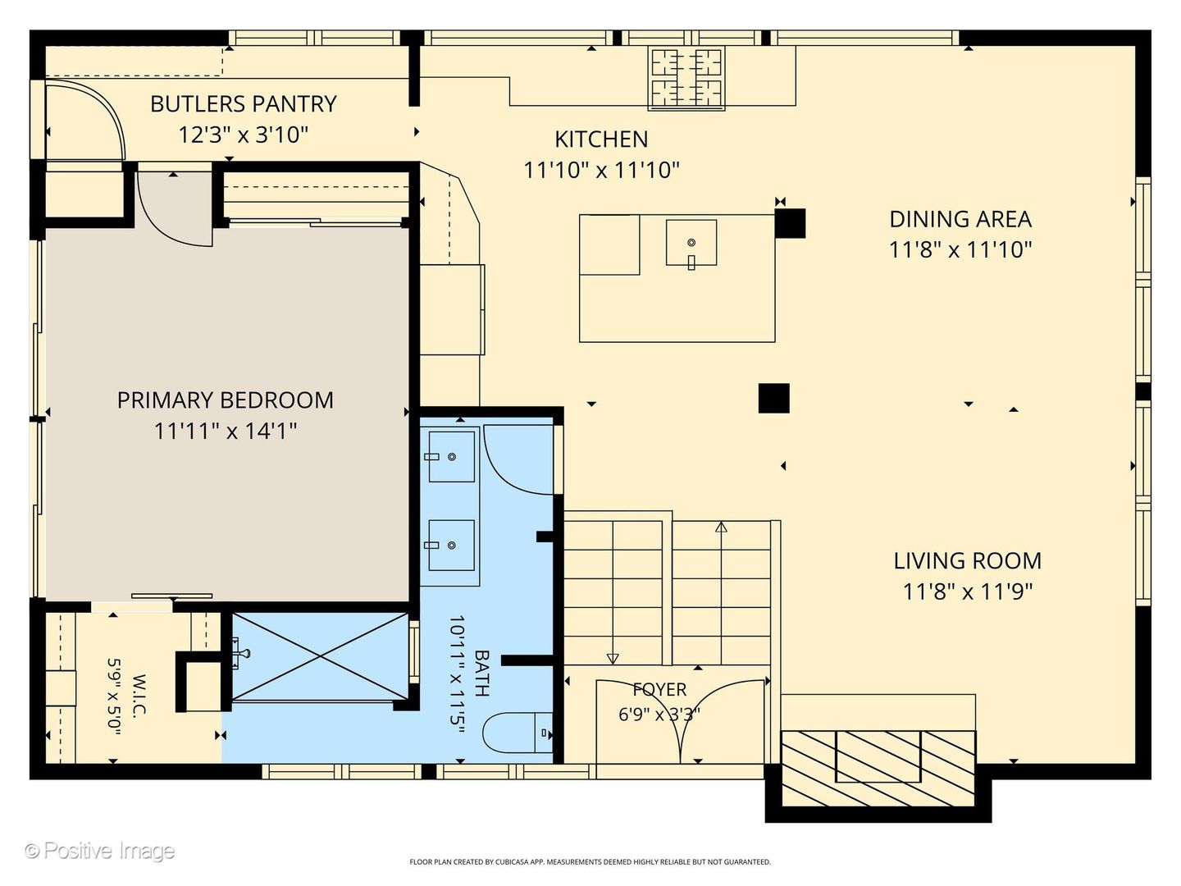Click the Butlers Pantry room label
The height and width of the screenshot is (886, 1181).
(244, 104)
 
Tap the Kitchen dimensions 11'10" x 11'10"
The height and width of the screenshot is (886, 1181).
(601, 171)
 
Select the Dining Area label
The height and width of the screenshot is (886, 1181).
(960, 219)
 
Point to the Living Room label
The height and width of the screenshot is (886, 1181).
(968, 561)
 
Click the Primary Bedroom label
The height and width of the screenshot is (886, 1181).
(226, 400)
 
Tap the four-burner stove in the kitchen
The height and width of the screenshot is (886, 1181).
(686, 79)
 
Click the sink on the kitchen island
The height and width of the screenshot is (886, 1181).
(691, 243)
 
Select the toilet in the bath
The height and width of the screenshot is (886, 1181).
(518, 733)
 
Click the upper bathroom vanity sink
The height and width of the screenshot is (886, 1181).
(451, 457)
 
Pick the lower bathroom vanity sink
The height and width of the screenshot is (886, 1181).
(451, 545)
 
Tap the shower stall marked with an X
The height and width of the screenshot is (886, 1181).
(320, 656)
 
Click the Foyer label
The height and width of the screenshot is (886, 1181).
(659, 689)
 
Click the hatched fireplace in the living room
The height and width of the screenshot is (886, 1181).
(878, 769)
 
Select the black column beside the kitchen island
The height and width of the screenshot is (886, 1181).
(790, 223)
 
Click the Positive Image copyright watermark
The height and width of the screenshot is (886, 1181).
(100, 851)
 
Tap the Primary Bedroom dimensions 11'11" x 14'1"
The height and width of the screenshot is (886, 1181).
(226, 431)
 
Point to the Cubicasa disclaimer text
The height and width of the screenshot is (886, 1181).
(590, 861)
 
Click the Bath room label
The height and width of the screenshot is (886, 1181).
(482, 674)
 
